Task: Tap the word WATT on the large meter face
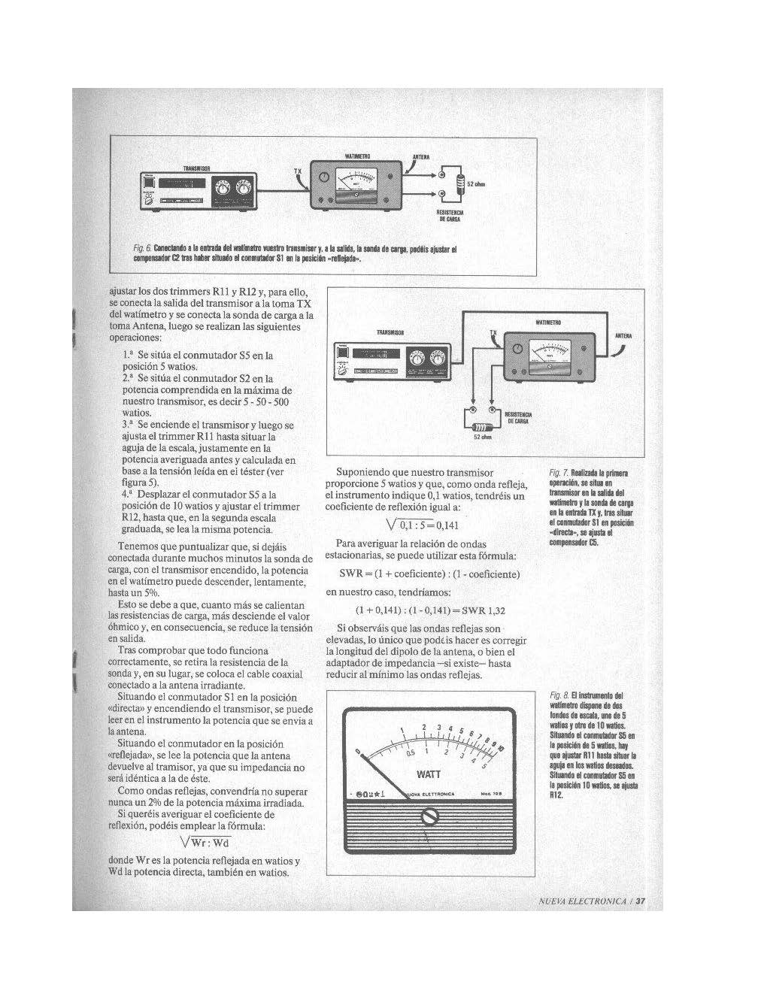[x=429, y=774]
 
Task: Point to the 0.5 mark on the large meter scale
[x=411, y=752]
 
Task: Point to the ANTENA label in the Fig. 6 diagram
[x=420, y=157]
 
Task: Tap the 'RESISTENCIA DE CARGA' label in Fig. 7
[x=518, y=419]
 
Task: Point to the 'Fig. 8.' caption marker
[x=558, y=696]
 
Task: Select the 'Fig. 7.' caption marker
[x=559, y=473]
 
